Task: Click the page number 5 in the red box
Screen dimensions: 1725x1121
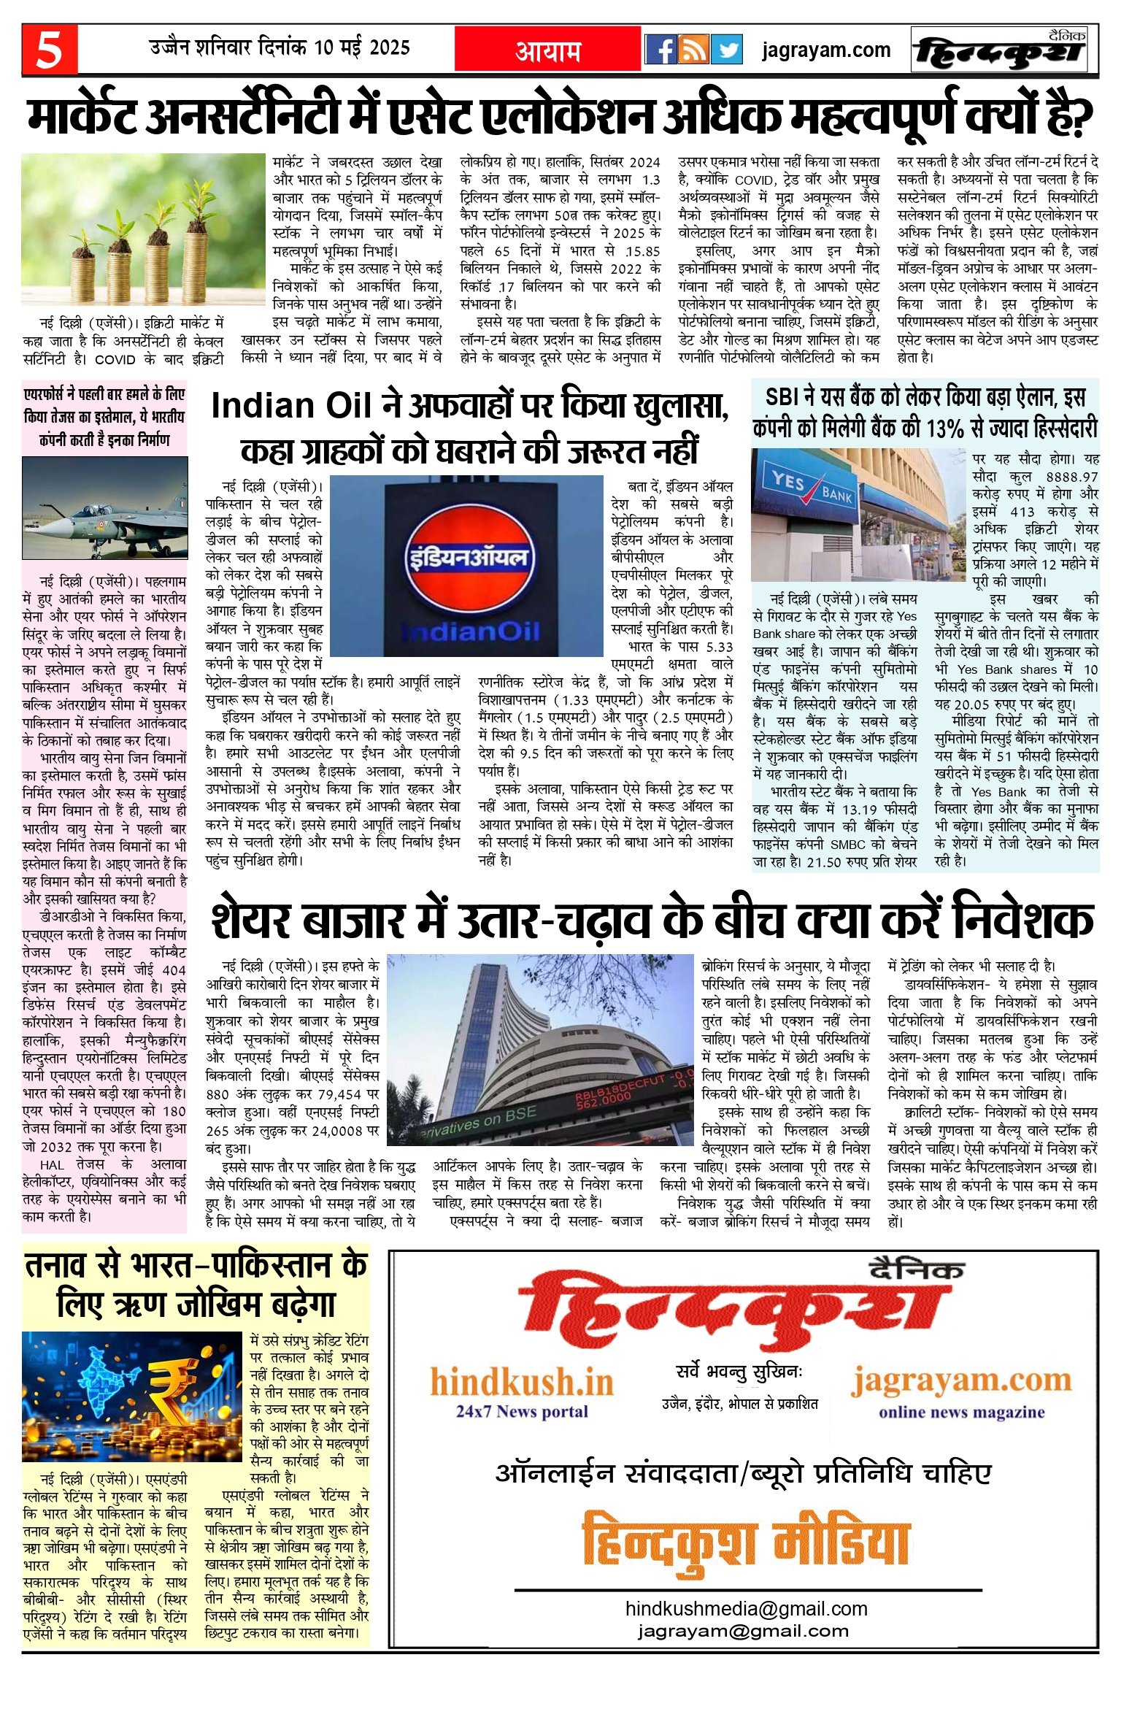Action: [x=49, y=50]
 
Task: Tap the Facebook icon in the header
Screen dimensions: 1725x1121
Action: [x=661, y=50]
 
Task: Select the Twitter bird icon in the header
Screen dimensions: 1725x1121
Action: [x=726, y=50]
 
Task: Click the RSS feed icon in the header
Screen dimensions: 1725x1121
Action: [x=693, y=50]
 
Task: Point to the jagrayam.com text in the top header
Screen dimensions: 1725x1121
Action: [x=825, y=50]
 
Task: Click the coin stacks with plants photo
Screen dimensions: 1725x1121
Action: [x=143, y=229]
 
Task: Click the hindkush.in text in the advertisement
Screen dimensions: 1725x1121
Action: [x=521, y=1382]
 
